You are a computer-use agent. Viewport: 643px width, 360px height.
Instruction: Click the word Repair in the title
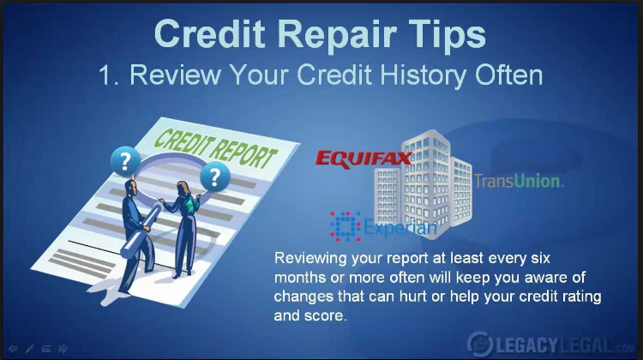coord(337,35)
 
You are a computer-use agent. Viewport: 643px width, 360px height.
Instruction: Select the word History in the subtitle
coord(424,75)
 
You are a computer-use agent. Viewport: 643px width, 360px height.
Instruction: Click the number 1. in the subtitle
coord(110,75)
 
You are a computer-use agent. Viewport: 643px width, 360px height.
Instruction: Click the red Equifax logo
coord(364,159)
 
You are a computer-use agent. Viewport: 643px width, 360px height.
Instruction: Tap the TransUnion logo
coord(519,181)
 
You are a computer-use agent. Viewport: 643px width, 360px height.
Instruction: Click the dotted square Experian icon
coord(346,226)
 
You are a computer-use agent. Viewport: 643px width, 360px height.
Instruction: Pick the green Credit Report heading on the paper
coord(215,148)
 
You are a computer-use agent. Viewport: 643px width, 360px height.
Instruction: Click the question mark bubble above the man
coord(125,161)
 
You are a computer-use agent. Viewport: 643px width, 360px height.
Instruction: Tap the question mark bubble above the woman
coord(215,177)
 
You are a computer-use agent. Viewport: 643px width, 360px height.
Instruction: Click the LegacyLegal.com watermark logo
coord(551,344)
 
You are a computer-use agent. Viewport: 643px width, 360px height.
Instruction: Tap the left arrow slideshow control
coord(13,349)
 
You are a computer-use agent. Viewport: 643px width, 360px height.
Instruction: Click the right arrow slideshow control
coord(63,349)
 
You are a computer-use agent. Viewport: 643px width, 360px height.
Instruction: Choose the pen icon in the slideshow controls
coord(29,349)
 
